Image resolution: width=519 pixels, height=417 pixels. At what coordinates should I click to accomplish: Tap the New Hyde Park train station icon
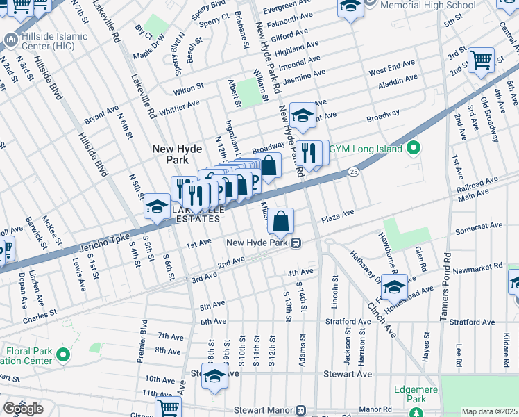coord(296,243)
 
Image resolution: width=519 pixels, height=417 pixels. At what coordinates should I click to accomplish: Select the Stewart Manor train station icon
coord(300,410)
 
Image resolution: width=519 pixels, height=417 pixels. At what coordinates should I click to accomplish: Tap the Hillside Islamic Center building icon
coord(10,40)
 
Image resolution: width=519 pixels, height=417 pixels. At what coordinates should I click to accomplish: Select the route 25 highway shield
coord(353,170)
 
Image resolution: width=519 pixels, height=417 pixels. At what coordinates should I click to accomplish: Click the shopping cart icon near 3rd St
coord(481,60)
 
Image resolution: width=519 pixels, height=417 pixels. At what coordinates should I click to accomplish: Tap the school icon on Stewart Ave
coord(215,377)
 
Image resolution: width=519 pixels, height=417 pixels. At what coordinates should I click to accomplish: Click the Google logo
coord(22,409)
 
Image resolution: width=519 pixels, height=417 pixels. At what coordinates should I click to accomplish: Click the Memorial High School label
coord(429,5)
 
